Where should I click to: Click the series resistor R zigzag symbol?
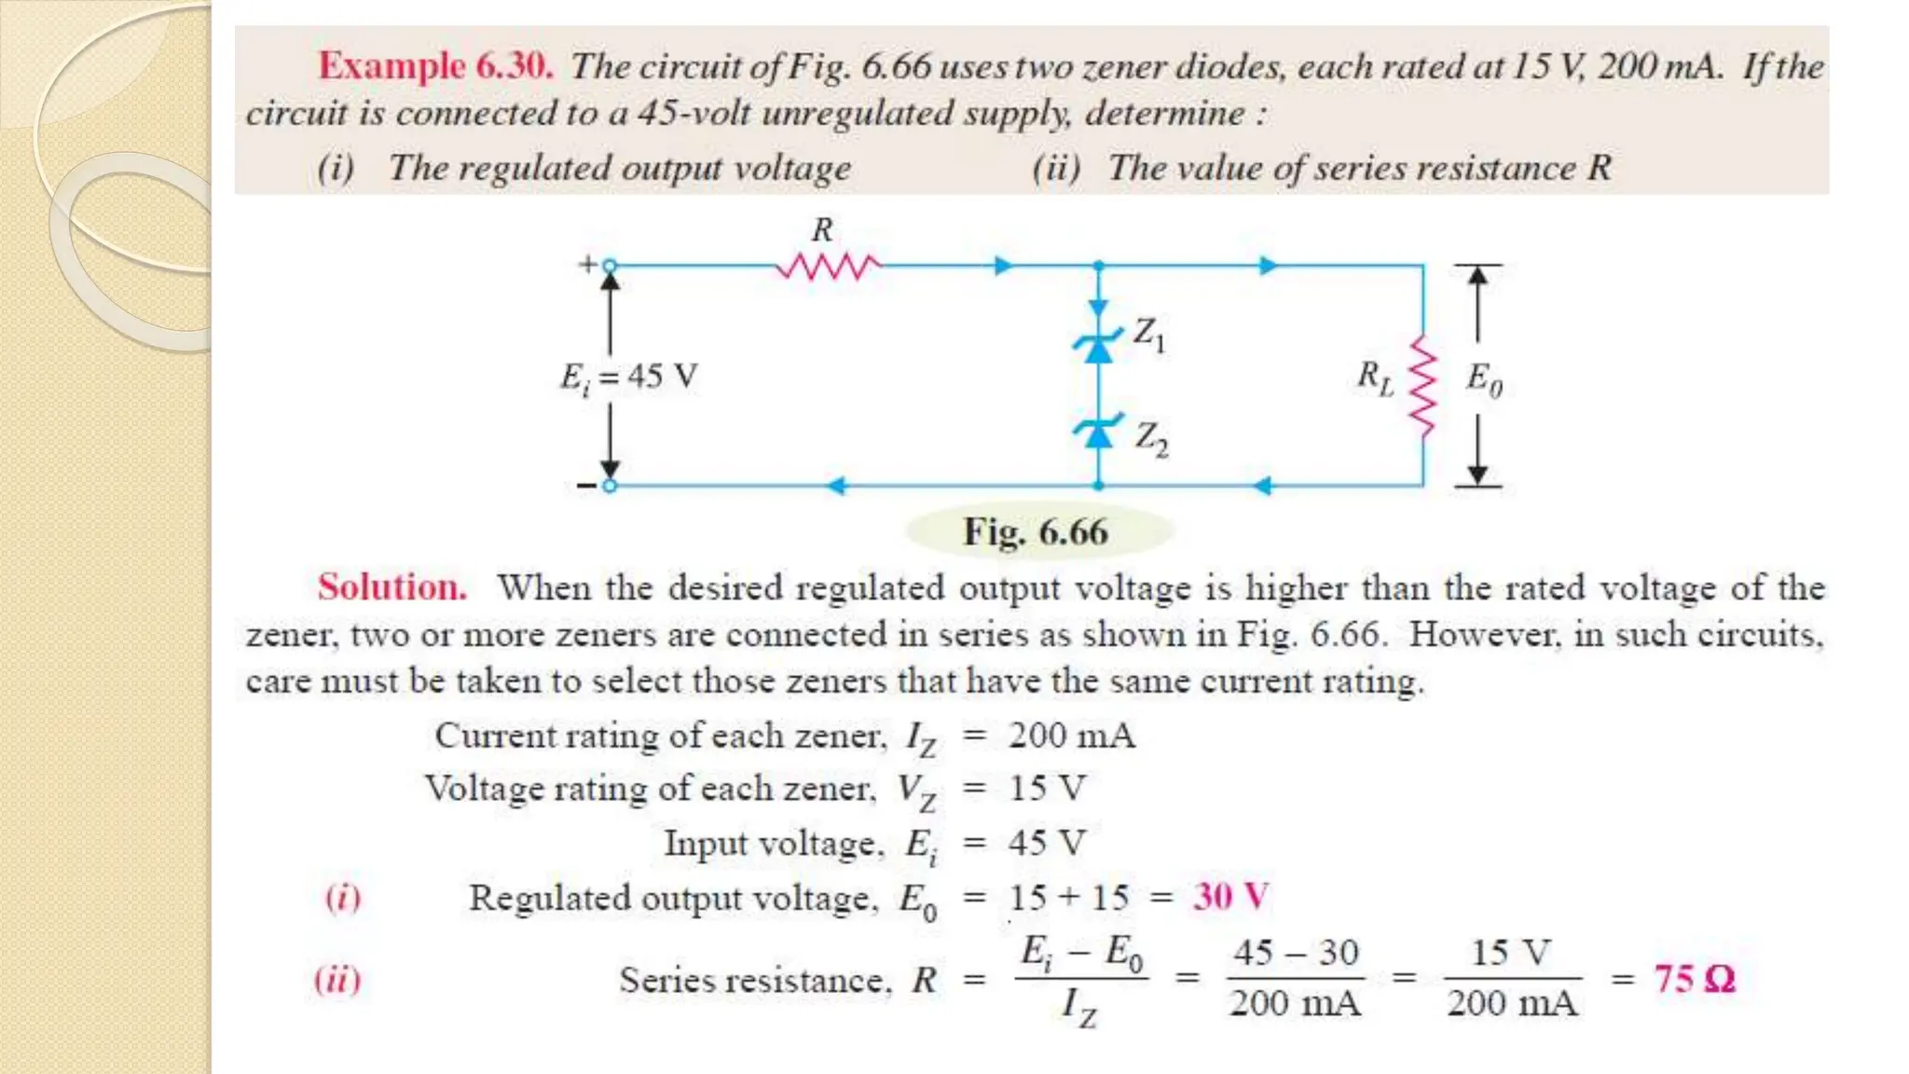(x=829, y=268)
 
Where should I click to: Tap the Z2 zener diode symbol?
(x=1099, y=432)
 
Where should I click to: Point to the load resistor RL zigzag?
(x=1423, y=385)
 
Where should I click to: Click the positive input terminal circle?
(x=610, y=267)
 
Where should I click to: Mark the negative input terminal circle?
(x=610, y=486)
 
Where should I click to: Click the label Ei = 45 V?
(x=628, y=378)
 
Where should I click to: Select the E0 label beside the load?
(x=1484, y=379)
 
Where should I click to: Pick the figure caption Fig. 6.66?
(x=1036, y=532)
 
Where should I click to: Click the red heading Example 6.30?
(x=435, y=66)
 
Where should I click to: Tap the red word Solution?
(x=391, y=587)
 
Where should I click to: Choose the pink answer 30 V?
(x=1230, y=897)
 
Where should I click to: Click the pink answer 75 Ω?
(x=1694, y=979)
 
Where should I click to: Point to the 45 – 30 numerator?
(x=1296, y=952)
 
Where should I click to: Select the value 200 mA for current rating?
(x=1072, y=736)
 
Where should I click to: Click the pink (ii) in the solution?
(x=337, y=979)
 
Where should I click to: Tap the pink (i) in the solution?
(x=342, y=897)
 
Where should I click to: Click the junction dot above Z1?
(x=1099, y=267)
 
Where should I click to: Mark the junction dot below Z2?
(x=1099, y=486)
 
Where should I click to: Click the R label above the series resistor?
(x=822, y=229)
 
